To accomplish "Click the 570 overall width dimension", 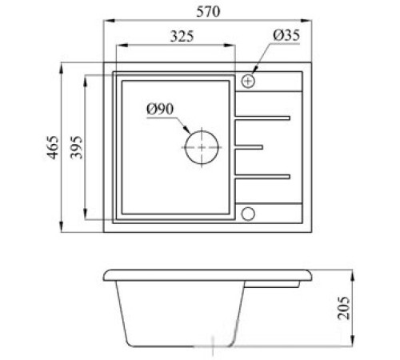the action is (x=208, y=12).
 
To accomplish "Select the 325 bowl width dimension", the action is (x=182, y=37).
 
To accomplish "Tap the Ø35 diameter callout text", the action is (x=286, y=35).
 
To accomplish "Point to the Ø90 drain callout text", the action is (x=160, y=109).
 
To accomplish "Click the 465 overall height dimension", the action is (x=53, y=147).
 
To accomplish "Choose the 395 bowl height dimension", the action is (x=77, y=147).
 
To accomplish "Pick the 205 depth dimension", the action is (x=344, y=308).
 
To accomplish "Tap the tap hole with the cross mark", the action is (x=248, y=81).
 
